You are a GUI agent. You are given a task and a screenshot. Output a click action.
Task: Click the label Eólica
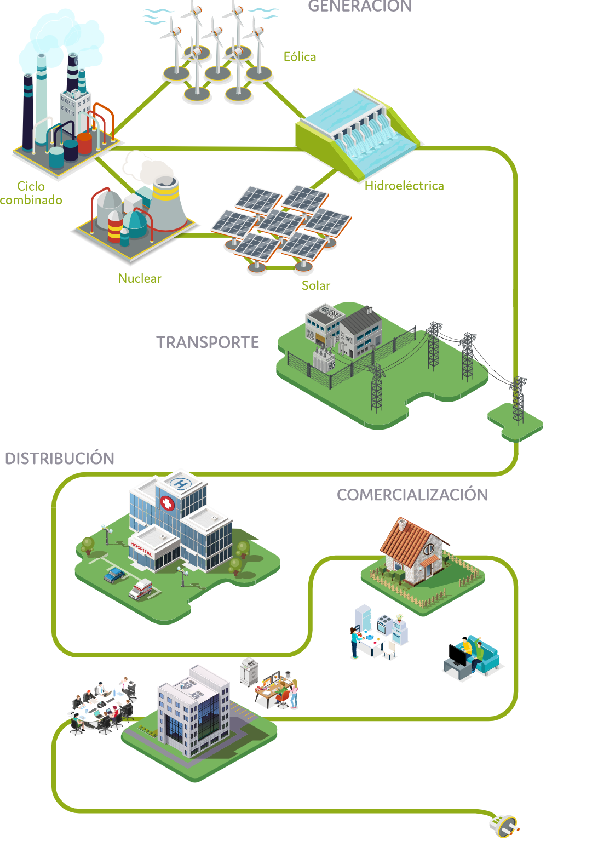(300, 57)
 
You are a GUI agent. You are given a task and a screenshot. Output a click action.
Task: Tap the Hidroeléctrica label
(404, 186)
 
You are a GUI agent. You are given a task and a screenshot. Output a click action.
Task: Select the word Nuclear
(140, 278)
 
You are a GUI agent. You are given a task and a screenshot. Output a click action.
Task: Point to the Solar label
(316, 285)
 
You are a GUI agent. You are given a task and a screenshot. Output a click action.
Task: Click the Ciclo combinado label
(31, 193)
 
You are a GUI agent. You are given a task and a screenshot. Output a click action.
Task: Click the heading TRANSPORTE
(208, 342)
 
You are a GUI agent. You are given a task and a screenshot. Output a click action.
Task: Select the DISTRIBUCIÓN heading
(60, 459)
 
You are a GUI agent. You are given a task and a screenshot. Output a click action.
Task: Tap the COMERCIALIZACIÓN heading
(412, 495)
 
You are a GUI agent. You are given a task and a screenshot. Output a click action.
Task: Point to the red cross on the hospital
(167, 503)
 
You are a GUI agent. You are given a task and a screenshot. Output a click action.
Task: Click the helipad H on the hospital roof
(180, 484)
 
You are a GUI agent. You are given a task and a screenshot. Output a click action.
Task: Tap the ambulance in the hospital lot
(141, 590)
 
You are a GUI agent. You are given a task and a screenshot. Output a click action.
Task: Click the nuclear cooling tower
(168, 205)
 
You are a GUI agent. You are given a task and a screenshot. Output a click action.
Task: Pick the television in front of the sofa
(457, 656)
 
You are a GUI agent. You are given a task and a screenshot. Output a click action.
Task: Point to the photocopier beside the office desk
(249, 671)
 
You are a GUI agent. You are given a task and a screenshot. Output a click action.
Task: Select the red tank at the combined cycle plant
(84, 144)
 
